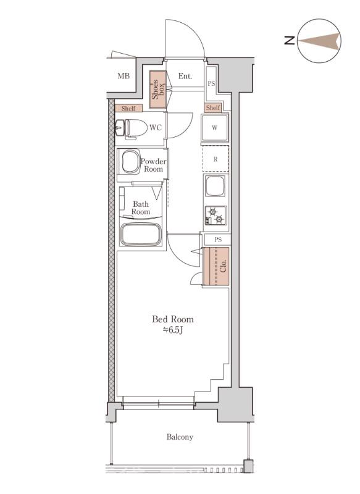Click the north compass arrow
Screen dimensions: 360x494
(x=319, y=41)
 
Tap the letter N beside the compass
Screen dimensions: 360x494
(x=290, y=40)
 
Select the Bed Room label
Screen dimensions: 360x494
(x=173, y=319)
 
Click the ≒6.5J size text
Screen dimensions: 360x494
(x=173, y=330)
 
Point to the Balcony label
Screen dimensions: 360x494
(x=180, y=437)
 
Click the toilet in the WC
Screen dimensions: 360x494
(x=132, y=128)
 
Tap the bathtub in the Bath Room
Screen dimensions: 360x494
(x=141, y=235)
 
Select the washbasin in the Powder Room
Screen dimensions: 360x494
(x=131, y=161)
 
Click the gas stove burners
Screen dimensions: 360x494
(x=216, y=215)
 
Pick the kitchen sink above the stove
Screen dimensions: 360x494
(x=215, y=186)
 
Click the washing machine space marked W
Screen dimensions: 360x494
(x=215, y=128)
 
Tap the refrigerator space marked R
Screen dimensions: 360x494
(x=216, y=159)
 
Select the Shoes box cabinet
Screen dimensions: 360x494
(x=157, y=90)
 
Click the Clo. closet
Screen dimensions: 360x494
(x=216, y=267)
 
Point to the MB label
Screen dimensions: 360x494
(x=123, y=76)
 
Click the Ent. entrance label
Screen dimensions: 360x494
(x=185, y=76)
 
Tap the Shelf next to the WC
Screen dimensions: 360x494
(x=128, y=108)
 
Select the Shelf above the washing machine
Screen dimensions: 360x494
(x=213, y=107)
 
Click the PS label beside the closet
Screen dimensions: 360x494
(x=218, y=240)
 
